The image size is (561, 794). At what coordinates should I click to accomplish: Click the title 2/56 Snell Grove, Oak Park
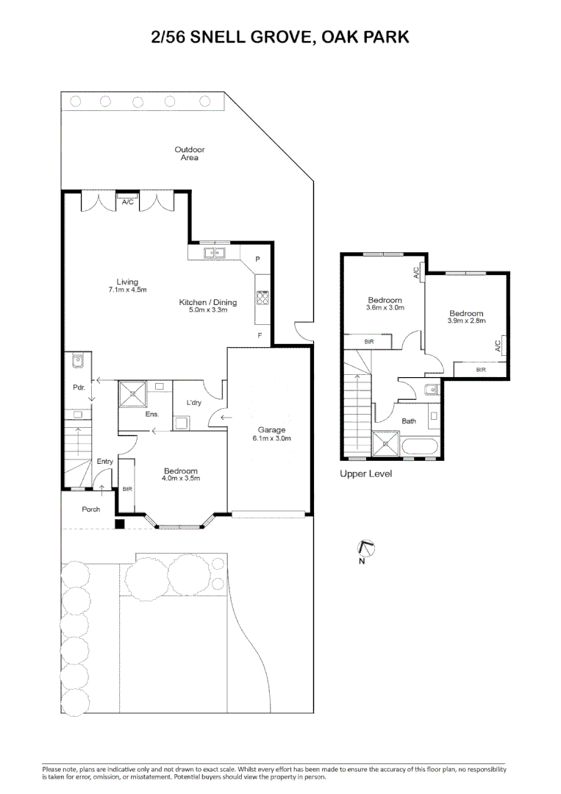pyautogui.click(x=280, y=37)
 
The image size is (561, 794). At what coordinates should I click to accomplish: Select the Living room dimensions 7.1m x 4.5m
pyautogui.click(x=127, y=290)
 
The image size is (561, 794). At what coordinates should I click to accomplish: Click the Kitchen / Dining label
pyautogui.click(x=208, y=301)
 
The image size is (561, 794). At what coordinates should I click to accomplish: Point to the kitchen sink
pyautogui.click(x=215, y=254)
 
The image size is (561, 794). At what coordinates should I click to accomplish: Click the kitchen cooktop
pyautogui.click(x=262, y=297)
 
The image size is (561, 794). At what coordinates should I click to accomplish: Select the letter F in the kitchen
pyautogui.click(x=259, y=335)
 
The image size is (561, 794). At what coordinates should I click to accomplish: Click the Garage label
pyautogui.click(x=271, y=430)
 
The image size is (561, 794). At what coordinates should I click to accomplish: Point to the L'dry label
pyautogui.click(x=194, y=402)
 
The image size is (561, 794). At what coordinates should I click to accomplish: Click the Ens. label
pyautogui.click(x=152, y=415)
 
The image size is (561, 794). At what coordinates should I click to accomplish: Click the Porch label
pyautogui.click(x=91, y=509)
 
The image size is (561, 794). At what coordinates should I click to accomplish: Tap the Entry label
pyautogui.click(x=105, y=461)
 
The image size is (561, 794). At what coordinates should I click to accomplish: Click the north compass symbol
pyautogui.click(x=365, y=548)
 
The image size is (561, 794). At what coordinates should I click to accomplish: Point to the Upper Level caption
pyautogui.click(x=365, y=474)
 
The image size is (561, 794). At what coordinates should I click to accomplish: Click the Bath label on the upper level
pyautogui.click(x=409, y=421)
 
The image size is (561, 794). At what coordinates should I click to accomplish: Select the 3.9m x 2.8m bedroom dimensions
pyautogui.click(x=467, y=321)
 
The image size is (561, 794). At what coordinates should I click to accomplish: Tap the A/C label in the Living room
pyautogui.click(x=126, y=201)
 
